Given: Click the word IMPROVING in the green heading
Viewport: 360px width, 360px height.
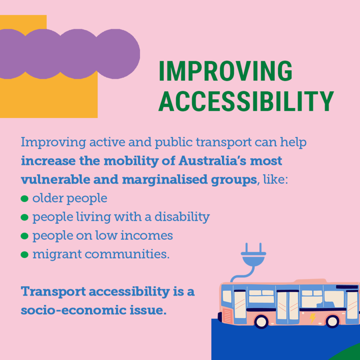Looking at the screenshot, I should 226,72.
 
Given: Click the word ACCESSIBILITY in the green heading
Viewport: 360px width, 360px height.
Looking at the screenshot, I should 246,102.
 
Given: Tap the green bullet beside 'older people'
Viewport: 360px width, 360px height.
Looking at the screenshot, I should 24,198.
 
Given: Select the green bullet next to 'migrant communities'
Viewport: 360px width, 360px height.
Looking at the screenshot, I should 24,254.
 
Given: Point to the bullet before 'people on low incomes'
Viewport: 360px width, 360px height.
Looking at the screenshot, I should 24,236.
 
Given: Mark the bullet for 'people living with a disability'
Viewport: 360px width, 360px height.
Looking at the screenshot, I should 24,217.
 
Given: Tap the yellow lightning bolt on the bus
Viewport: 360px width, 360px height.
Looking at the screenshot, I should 312,318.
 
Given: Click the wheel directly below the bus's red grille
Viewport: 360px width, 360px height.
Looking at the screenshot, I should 262,321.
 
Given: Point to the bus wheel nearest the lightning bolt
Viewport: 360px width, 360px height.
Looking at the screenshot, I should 333,321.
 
